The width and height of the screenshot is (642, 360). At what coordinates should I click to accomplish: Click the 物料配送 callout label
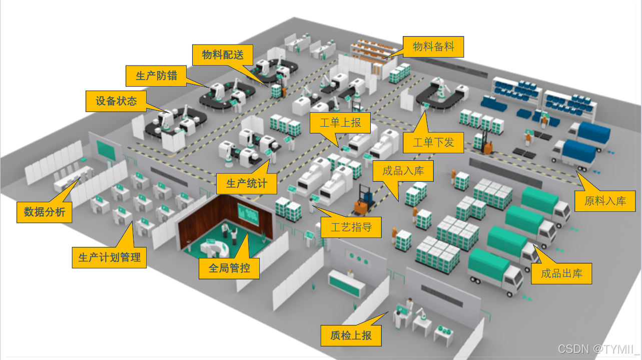(223, 55)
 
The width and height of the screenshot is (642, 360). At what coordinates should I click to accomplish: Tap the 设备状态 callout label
(116, 101)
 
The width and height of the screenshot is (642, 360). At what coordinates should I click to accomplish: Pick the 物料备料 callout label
(433, 47)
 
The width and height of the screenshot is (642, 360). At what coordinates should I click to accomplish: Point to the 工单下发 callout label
(433, 142)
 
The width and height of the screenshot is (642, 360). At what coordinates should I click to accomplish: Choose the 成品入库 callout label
(403, 171)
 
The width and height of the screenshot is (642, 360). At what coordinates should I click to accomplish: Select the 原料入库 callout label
(605, 201)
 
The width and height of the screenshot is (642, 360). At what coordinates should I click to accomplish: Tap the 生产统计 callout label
(247, 184)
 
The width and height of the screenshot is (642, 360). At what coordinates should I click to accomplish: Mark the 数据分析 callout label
(45, 212)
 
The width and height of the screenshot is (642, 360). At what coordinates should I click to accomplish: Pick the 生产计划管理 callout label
(109, 258)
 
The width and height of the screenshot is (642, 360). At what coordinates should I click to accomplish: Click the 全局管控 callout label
(229, 268)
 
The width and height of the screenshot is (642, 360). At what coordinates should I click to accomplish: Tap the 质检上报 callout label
(351, 335)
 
